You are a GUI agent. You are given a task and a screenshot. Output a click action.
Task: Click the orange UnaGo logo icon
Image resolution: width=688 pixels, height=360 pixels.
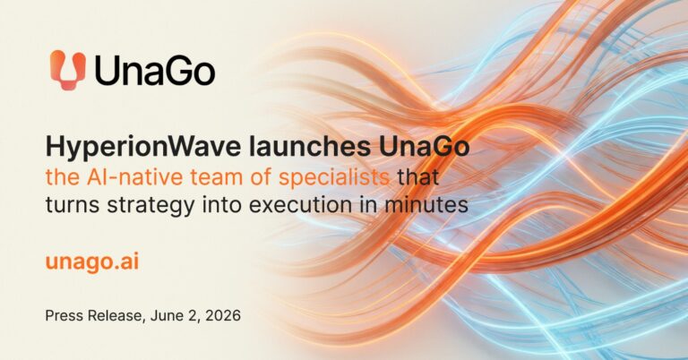[67, 70]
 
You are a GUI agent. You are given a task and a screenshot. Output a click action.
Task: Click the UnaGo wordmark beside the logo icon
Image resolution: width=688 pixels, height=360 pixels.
[155, 71]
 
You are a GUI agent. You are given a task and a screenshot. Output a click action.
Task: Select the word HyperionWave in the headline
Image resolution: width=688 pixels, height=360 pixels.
[143, 148]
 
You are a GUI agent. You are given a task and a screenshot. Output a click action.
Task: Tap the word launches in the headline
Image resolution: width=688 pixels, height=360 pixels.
[310, 147]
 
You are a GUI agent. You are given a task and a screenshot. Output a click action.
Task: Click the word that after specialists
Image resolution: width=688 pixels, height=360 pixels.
[417, 176]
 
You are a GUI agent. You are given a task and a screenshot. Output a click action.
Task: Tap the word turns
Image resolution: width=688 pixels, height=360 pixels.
[73, 205]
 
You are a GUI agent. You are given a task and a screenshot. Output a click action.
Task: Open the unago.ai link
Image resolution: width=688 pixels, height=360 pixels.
[92, 262]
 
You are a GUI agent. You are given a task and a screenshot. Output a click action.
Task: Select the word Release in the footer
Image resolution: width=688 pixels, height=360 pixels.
[116, 316]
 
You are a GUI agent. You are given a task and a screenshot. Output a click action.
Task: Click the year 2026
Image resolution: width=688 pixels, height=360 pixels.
[224, 316]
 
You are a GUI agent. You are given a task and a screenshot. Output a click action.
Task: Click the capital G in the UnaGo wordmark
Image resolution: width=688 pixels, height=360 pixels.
[176, 71]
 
